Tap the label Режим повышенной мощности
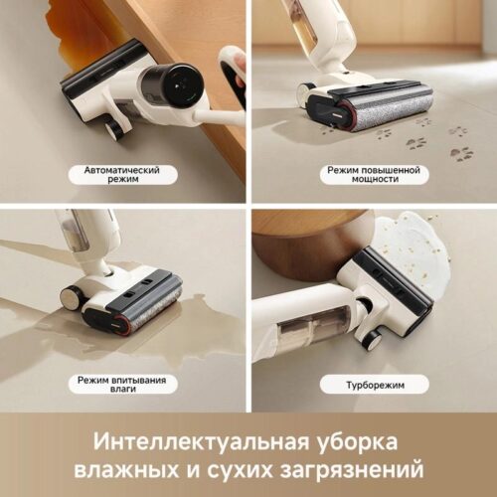[x=373, y=176]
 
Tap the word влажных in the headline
[x=126, y=467]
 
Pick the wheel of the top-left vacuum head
[x=115, y=128]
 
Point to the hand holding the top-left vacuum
[x=235, y=72]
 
